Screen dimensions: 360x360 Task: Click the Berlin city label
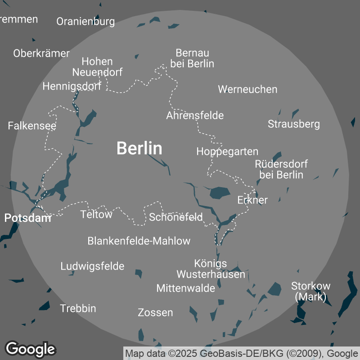tap(139, 148)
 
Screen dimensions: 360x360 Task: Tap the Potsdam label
tap(27, 218)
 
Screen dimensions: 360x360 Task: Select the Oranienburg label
tap(85, 21)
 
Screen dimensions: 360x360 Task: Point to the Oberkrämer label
tap(41, 53)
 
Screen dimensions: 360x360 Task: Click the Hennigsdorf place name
tap(72, 86)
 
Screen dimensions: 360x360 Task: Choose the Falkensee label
tap(32, 126)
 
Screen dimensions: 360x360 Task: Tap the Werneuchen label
tap(247, 89)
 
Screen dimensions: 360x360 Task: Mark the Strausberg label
tap(294, 124)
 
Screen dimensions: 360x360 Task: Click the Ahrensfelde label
tap(195, 115)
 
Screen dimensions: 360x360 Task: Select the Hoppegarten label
tap(227, 152)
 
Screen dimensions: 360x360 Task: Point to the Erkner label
tap(252, 200)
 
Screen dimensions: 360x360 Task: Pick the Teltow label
tap(96, 214)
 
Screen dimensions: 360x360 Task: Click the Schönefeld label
tap(176, 217)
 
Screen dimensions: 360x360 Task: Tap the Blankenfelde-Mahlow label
tap(139, 241)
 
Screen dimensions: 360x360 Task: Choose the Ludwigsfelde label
tap(92, 266)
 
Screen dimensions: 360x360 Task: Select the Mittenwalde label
tap(186, 288)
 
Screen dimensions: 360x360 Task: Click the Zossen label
tap(155, 312)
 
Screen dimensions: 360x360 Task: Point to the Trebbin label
tap(78, 308)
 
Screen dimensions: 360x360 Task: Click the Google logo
tap(31, 349)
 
